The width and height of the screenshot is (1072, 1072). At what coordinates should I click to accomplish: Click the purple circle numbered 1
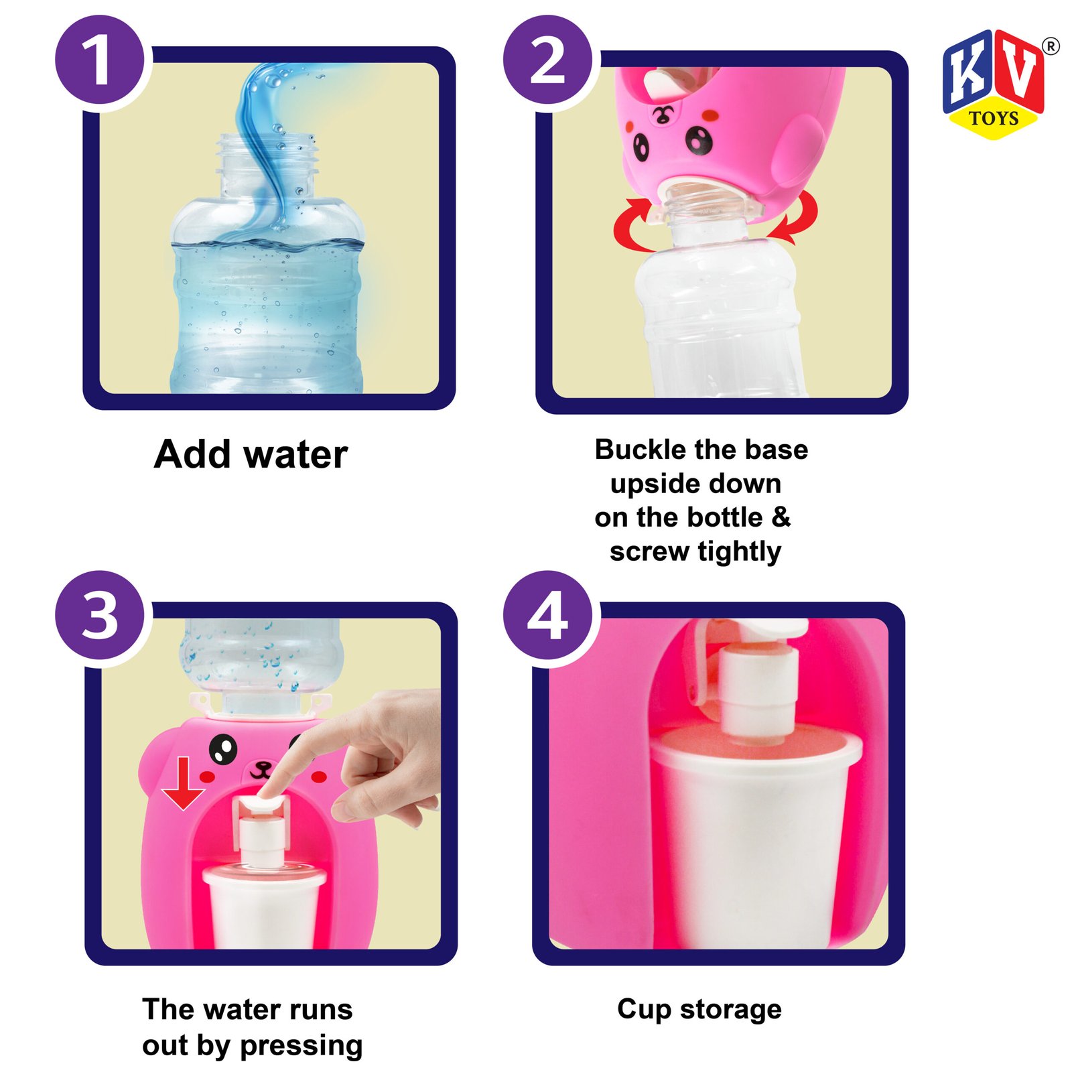point(100,60)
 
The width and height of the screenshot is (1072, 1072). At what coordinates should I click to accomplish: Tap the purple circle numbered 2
point(547,60)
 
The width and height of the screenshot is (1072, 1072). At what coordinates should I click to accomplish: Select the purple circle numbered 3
point(100,615)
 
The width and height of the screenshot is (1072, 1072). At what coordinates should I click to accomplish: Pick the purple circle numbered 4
point(547,615)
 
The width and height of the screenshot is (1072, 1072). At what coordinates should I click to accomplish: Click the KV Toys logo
point(995,84)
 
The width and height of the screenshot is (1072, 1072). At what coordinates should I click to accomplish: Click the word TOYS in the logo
point(994,119)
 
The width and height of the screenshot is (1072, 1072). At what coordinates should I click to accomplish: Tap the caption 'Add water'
point(251,454)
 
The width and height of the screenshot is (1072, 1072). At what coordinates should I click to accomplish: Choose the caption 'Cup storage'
point(699,1010)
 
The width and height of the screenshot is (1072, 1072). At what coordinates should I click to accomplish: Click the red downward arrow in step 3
point(183,783)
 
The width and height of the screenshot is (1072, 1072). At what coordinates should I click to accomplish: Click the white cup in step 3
point(264,907)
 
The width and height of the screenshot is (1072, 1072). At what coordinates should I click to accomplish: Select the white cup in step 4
point(756,837)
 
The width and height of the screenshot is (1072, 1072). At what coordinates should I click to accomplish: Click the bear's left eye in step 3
point(223,749)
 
